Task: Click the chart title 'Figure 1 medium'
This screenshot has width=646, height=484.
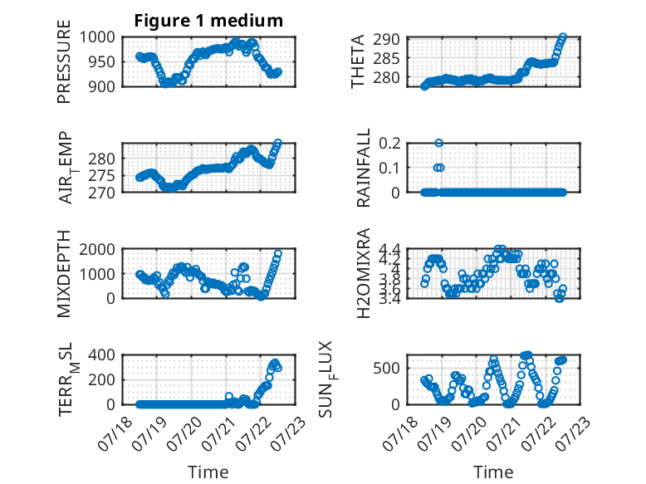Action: click(208, 21)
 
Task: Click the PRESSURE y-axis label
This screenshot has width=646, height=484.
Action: click(64, 61)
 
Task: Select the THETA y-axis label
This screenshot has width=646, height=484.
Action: click(358, 61)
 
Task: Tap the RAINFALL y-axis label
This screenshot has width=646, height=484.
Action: click(364, 168)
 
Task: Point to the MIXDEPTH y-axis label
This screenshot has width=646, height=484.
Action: click(64, 274)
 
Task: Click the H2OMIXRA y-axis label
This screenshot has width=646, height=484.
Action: click(364, 273)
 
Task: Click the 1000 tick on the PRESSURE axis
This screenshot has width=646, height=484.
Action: click(97, 37)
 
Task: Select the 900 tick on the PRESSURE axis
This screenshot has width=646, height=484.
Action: click(101, 86)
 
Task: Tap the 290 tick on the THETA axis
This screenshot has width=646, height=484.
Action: click(386, 40)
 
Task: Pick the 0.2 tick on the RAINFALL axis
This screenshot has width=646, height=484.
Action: click(389, 144)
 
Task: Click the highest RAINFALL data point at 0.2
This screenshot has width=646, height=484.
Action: click(438, 143)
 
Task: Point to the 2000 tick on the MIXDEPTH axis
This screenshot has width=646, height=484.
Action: click(97, 249)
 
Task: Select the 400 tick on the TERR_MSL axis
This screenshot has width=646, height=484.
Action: click(101, 354)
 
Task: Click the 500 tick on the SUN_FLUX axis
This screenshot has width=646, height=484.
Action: click(386, 368)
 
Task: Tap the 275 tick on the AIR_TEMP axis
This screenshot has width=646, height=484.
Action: click(101, 175)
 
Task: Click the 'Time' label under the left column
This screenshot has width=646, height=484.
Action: click(208, 472)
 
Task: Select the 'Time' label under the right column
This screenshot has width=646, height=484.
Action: click(493, 472)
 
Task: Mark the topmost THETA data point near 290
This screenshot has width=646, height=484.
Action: click(563, 37)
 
